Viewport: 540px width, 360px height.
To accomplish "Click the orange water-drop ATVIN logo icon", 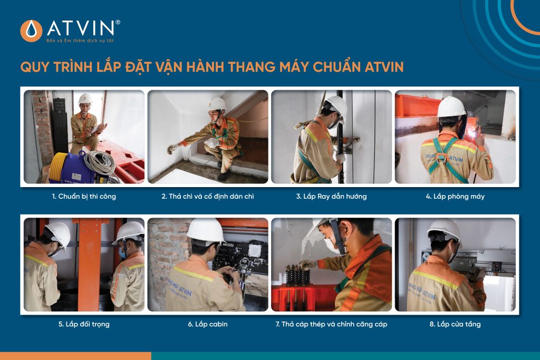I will [x=31, y=31].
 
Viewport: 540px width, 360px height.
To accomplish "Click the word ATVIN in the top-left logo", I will [x=80, y=27].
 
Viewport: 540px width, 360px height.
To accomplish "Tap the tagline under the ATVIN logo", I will [x=80, y=41].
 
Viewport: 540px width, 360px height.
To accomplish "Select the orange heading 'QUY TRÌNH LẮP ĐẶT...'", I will [x=211, y=67].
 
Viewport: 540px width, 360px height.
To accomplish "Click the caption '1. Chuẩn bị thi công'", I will [x=84, y=197].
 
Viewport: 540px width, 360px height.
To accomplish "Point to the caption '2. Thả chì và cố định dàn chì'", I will [x=208, y=197].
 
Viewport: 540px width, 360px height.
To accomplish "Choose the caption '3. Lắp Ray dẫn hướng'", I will [x=331, y=197].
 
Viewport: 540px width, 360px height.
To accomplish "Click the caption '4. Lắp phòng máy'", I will [x=455, y=197].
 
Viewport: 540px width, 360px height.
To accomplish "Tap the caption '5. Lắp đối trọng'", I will [x=84, y=324].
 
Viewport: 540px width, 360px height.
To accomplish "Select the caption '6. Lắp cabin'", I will [x=208, y=324].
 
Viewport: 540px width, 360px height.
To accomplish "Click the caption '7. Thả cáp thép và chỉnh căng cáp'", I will [x=331, y=324].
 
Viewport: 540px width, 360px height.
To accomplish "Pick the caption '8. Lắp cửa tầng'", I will [x=455, y=324].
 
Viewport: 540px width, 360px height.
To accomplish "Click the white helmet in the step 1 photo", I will [x=85, y=99].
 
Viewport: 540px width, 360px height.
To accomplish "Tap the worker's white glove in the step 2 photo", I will [x=173, y=148].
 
